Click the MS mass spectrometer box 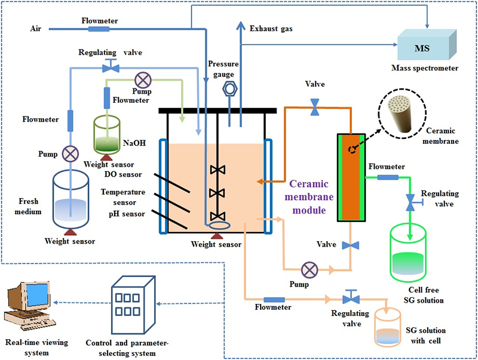425,46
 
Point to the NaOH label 132,143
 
